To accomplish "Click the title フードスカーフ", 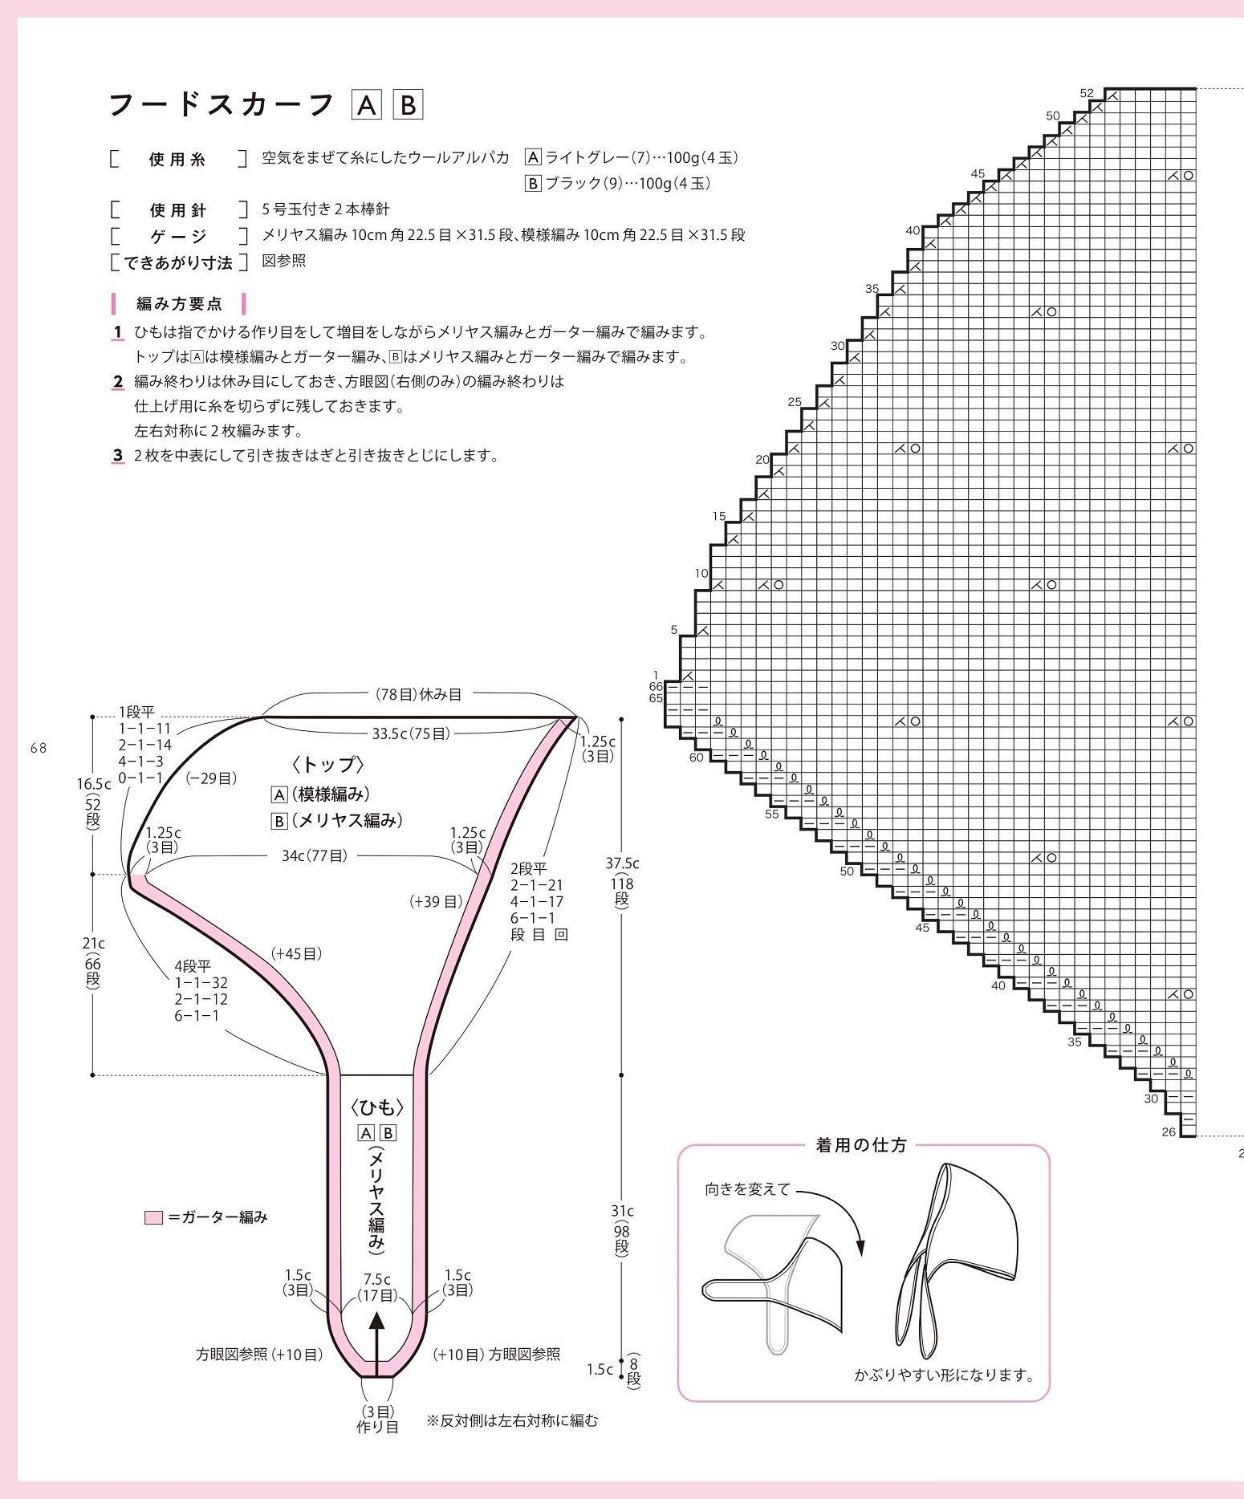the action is point(221,105).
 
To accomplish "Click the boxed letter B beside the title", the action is point(408,105).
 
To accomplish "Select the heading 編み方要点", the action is point(179,304).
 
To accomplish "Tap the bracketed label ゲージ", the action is point(178,236).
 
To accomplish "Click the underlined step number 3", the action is point(118,456).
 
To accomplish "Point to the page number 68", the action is point(39,748).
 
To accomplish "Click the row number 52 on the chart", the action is point(1087,93).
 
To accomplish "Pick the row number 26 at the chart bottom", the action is point(1169,1131).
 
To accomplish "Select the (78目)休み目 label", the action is point(418,694).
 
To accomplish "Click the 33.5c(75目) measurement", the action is point(411,733).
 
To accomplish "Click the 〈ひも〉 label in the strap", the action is point(377,1107).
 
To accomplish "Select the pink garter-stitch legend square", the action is point(153,1217).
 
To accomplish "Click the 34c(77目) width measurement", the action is point(314,855).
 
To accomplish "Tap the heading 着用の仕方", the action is point(861,1145).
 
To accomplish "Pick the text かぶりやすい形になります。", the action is point(945,1375).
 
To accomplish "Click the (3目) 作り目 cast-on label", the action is point(377,1419).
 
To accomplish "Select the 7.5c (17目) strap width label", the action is point(377,1287).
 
